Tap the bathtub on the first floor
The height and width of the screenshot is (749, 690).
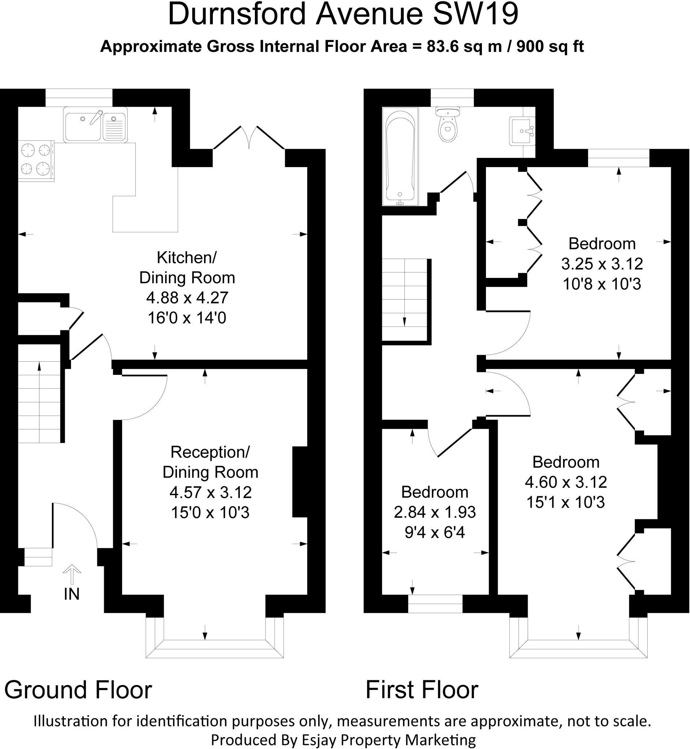pos(400,157)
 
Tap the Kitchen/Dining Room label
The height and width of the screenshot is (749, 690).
pos(187,268)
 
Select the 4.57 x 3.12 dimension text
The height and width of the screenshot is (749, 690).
pos(211,493)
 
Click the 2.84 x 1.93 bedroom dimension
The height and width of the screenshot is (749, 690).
pos(435,512)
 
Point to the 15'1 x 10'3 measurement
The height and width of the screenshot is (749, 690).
pos(565,502)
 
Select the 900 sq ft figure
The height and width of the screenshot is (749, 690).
pos(550,47)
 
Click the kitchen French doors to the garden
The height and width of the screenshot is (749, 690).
pos(249,138)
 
